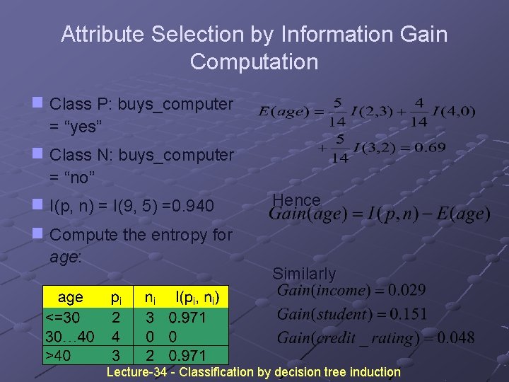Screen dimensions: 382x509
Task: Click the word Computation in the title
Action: pyautogui.click(x=254, y=62)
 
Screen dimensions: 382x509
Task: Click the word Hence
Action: pyautogui.click(x=296, y=200)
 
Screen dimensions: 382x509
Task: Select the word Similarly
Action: pyautogui.click(x=304, y=274)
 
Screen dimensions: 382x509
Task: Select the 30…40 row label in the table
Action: pyautogui.click(x=69, y=336)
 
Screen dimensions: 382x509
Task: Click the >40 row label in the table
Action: pyautogui.click(x=57, y=354)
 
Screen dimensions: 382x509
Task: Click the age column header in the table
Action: pyautogui.click(x=70, y=298)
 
